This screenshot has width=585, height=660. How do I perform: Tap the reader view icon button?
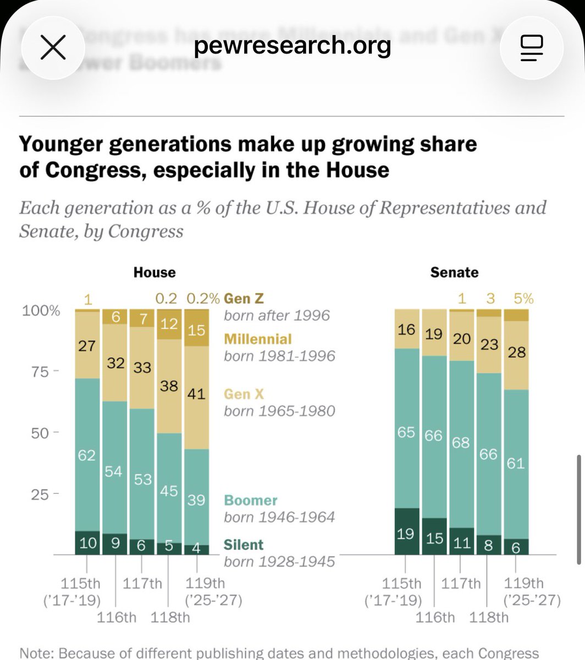531,48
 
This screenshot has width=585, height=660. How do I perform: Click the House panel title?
154,272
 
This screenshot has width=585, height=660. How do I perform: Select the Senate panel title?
454,272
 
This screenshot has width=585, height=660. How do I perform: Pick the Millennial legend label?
258,339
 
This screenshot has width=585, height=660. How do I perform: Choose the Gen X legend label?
244,394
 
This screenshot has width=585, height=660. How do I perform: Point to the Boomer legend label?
251,501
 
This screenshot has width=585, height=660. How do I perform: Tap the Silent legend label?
244,544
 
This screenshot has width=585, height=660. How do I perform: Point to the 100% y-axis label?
41,311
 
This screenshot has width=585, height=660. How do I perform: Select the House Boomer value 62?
86,455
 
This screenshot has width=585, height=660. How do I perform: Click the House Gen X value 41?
196,394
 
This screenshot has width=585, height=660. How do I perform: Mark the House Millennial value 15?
196,330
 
